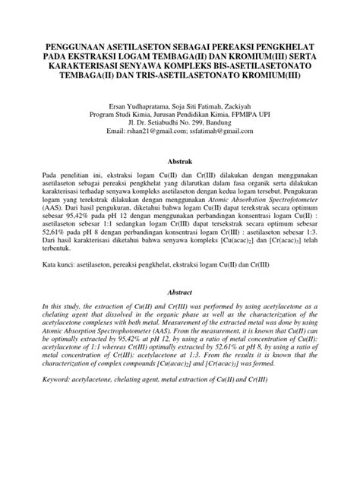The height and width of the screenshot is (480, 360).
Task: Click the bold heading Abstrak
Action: (x=180, y=160)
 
